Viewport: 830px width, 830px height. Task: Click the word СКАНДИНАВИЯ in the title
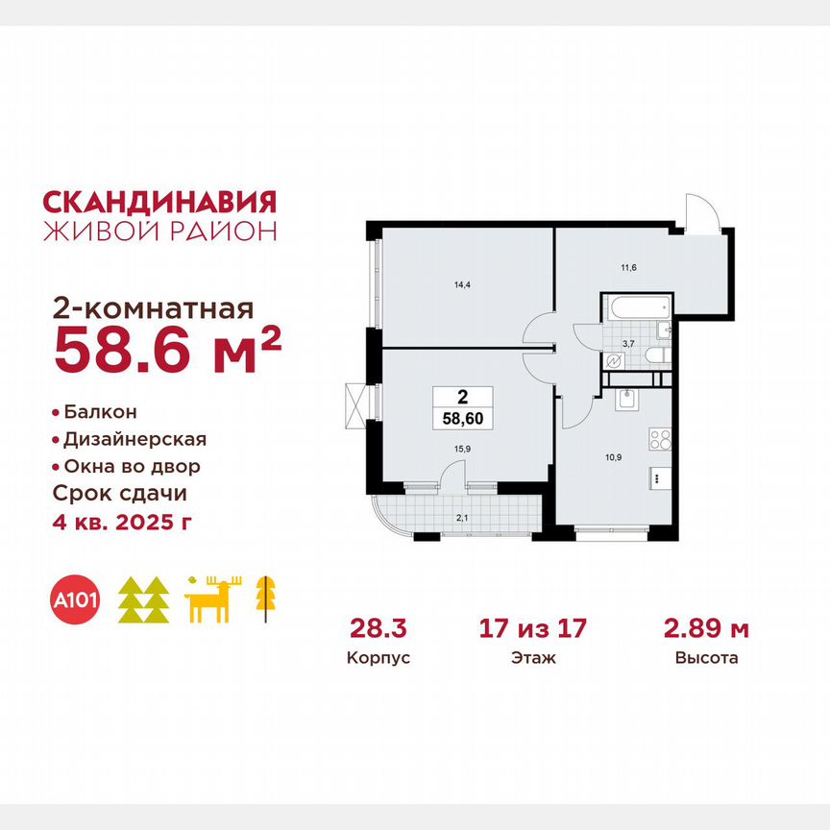[x=160, y=201]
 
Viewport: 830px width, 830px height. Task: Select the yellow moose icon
[x=214, y=599]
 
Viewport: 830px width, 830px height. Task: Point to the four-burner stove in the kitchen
[x=660, y=442]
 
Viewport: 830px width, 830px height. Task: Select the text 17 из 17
[x=532, y=629]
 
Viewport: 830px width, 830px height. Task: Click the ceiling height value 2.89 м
[x=706, y=629]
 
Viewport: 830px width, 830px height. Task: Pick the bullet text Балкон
[x=100, y=411]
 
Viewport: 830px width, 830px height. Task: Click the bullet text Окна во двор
[x=133, y=466]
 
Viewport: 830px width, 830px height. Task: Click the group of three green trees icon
[x=144, y=599]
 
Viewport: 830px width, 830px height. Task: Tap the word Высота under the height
[x=706, y=659]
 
